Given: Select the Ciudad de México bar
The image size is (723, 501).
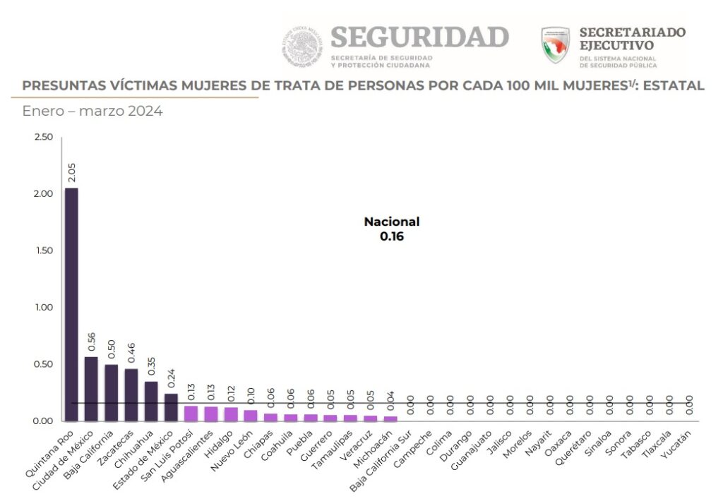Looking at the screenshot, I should coord(91,389).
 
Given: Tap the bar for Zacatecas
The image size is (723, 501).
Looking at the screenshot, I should coord(131,394).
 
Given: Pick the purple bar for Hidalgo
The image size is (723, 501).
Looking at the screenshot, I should coord(231,414).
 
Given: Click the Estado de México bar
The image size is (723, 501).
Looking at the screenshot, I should coord(171,407).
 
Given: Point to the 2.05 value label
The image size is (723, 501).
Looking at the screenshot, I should coord(71,173).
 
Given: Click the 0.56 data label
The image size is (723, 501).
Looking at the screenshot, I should coord(91,342).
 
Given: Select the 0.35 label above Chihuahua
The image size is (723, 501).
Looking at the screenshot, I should coord(151,367).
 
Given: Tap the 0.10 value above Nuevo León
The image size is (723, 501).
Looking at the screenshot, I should coord(251,396).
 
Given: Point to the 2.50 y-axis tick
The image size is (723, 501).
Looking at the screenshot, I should coord(43,137).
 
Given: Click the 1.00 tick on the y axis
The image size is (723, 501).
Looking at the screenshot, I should coord(43,308).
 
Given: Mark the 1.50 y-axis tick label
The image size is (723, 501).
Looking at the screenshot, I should coord(43,250).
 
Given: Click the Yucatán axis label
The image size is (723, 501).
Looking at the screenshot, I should coord(676,448).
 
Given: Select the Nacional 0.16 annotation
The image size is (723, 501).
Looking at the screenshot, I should coord(392,229).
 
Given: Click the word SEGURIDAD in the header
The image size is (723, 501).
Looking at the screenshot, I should coord(419,37).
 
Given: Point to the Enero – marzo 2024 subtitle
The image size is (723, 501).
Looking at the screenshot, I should coord(92,111).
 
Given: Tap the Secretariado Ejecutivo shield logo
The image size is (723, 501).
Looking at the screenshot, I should coord(555,45).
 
